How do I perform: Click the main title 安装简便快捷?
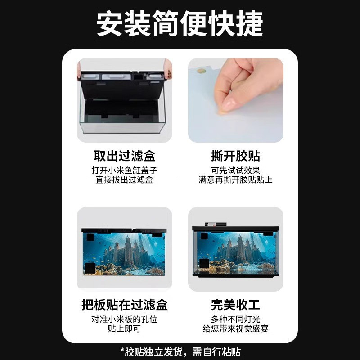tap(180, 23)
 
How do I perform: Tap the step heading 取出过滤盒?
tap(125, 156)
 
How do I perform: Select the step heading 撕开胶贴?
tap(235, 156)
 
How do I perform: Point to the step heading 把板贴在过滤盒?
tap(125, 305)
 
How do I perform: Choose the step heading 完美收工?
tap(235, 305)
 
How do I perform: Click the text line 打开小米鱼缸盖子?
tap(125, 171)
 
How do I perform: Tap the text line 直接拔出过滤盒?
tap(125, 180)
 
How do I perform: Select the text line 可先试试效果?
tap(235, 171)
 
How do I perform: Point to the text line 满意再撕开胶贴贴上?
tap(235, 180)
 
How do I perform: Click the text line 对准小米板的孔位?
tap(125, 319)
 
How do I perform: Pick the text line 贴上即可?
tap(125, 328)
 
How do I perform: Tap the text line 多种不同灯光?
tap(235, 319)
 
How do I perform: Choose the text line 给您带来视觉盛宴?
tap(235, 328)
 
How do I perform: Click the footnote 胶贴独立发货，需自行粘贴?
tap(183, 352)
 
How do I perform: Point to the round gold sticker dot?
tap(201, 71)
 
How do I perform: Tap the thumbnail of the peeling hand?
tap(235, 100)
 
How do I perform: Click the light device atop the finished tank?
tap(216, 224)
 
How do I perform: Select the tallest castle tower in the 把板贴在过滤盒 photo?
tap(128, 250)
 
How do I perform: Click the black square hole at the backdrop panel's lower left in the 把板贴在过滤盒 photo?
tap(90, 268)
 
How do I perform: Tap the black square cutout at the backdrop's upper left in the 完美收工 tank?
tap(204, 236)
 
